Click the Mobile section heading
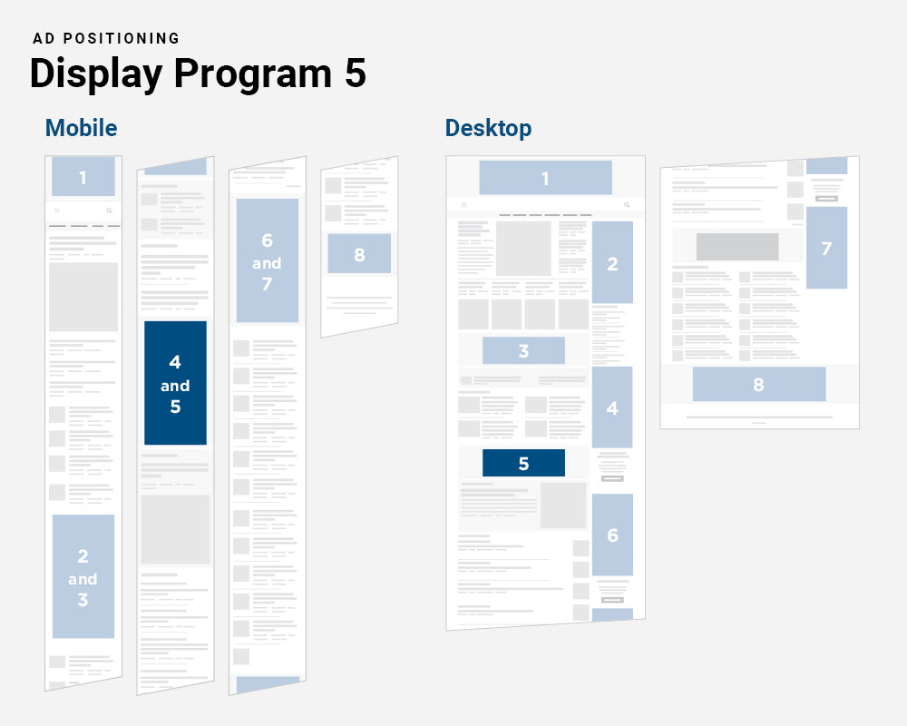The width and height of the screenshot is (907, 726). (x=81, y=128)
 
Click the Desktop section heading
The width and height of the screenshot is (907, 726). (x=488, y=128)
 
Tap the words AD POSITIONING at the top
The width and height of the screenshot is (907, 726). (x=106, y=38)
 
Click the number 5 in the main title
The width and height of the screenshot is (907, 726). (x=355, y=74)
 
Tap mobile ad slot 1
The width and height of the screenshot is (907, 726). (x=83, y=177)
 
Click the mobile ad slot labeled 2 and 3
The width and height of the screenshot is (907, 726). (x=83, y=577)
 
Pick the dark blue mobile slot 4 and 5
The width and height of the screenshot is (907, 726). (x=175, y=384)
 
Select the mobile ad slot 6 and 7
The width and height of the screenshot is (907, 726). (x=267, y=261)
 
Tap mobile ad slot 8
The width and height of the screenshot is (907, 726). (x=359, y=254)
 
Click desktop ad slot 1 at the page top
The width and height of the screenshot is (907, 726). (x=545, y=178)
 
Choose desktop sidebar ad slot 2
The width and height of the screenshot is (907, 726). (x=612, y=263)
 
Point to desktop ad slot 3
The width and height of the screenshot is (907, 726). (x=523, y=351)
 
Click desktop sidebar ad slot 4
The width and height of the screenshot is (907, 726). (x=612, y=407)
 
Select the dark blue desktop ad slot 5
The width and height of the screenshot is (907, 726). (x=523, y=463)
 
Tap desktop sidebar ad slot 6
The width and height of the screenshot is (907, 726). (x=612, y=535)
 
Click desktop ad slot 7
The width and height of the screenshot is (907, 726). (x=826, y=248)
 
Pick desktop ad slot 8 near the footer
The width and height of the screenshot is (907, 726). (x=758, y=384)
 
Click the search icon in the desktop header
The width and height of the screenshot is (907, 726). (x=626, y=205)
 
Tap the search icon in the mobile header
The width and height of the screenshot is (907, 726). (x=110, y=211)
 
